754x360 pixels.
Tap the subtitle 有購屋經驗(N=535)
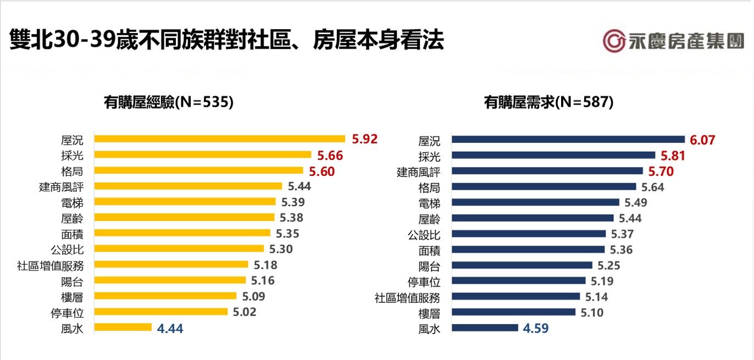pos(169,102)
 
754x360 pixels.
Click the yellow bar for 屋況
pos(220,139)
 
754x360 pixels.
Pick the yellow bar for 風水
pos(123,328)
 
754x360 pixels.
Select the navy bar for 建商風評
pos(547,171)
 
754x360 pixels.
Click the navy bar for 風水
pos(485,328)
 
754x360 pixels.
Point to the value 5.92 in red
pos(365,139)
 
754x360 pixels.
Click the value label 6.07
pos(702,140)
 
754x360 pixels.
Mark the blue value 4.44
pos(170,329)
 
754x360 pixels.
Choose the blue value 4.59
pos(535,329)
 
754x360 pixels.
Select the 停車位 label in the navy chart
pos(424,282)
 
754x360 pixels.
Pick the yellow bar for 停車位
pos(161,312)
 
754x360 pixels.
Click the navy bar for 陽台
pos(522,265)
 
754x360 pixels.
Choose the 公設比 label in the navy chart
pos(424,235)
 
